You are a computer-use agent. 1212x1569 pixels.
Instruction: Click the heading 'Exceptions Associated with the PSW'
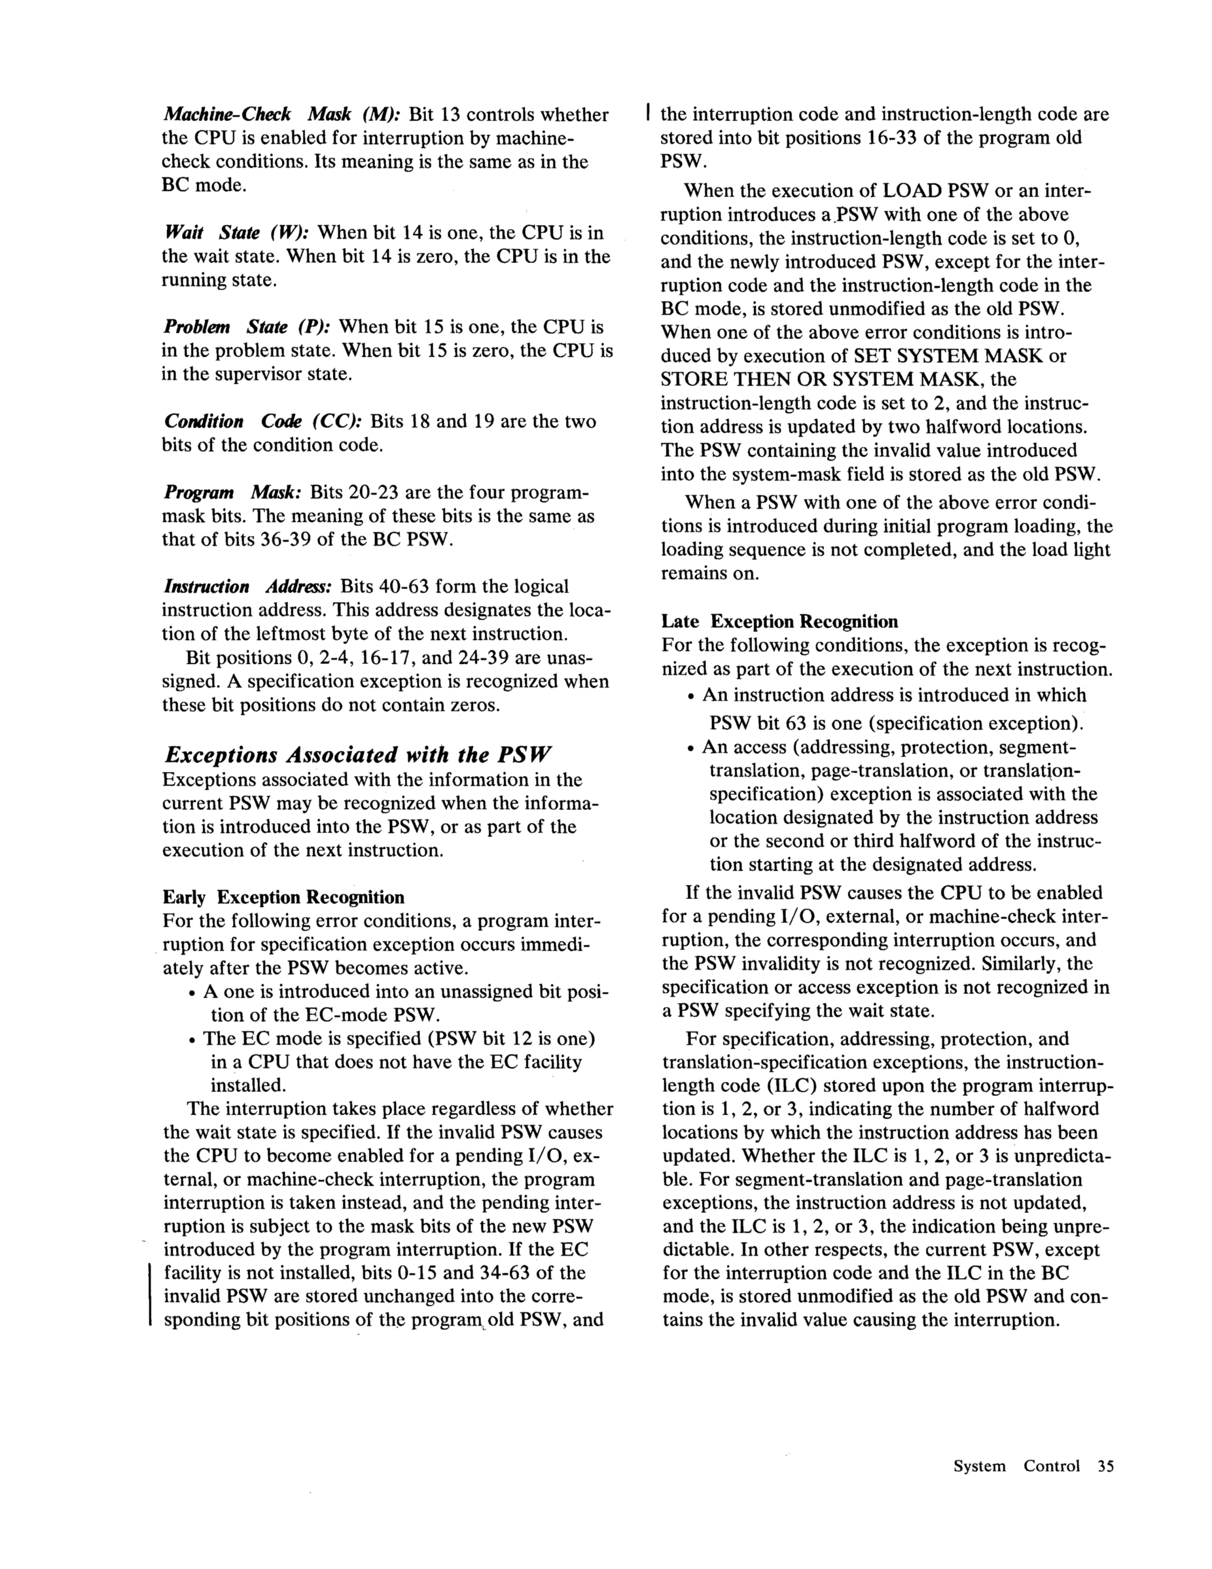(x=358, y=754)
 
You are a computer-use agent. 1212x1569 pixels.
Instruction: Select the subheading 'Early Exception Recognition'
(x=283, y=897)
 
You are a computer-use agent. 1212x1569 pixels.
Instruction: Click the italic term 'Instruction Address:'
(x=247, y=586)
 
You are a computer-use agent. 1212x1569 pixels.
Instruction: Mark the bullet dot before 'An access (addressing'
(x=690, y=749)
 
